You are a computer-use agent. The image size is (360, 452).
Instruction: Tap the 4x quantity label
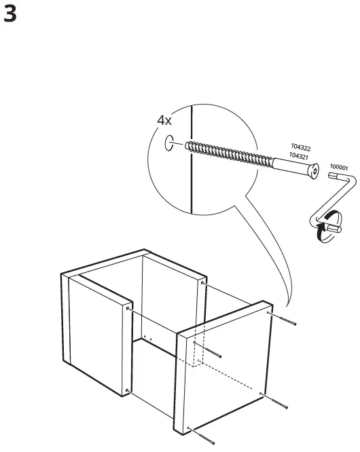[164, 120]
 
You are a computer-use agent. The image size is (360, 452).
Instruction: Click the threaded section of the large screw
[231, 155]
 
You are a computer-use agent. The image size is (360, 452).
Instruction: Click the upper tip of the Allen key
[334, 175]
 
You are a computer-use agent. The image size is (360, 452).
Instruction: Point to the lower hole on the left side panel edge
[127, 390]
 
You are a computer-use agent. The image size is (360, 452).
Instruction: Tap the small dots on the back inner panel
[147, 337]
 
